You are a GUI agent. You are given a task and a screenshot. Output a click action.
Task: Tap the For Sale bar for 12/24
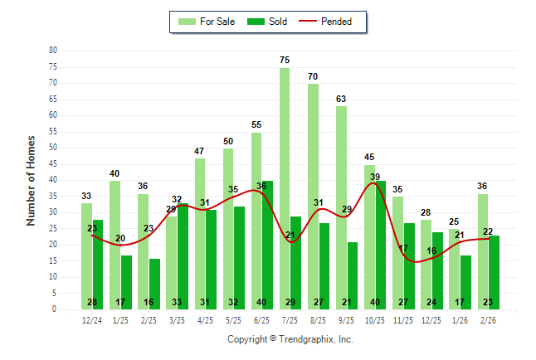click(86, 256)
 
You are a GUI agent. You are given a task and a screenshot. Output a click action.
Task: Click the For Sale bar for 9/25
click(341, 207)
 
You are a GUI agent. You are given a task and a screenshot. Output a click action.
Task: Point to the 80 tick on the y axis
click(52, 51)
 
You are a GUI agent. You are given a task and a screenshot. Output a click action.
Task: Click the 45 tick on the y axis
click(52, 163)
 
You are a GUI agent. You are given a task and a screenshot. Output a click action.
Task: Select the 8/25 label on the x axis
click(319, 319)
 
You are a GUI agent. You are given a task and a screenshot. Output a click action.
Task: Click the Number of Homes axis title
click(31, 180)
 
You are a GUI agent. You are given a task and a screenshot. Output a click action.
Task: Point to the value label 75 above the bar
click(285, 60)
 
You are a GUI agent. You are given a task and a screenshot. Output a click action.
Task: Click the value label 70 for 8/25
click(313, 76)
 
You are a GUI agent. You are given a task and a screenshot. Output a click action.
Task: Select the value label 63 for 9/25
click(341, 99)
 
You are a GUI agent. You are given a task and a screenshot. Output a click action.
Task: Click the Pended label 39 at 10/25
click(374, 177)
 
